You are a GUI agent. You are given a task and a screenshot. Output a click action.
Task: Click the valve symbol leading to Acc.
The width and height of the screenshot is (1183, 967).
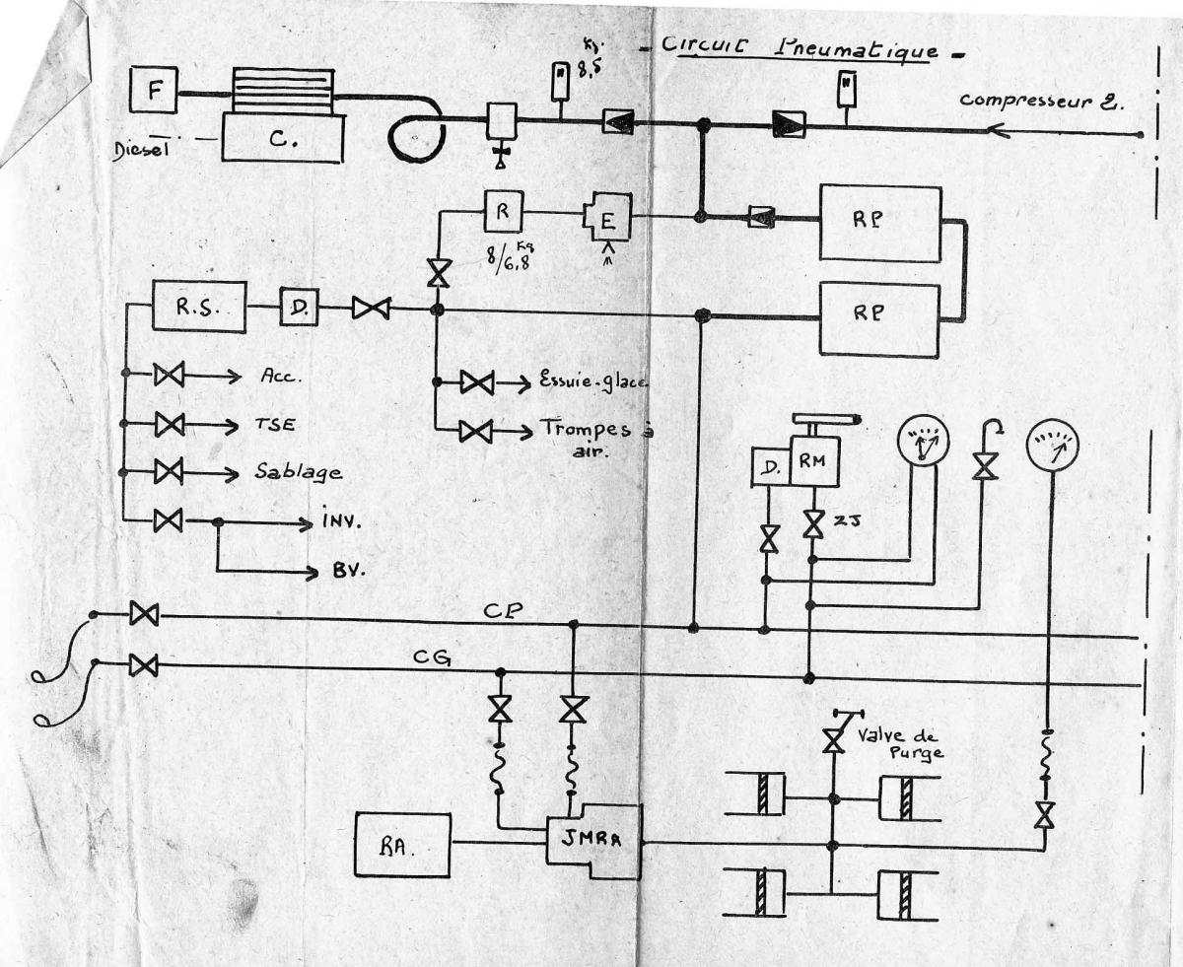pyautogui.click(x=169, y=375)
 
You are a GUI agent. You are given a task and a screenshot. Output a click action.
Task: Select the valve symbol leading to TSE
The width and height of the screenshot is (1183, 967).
pyautogui.click(x=169, y=424)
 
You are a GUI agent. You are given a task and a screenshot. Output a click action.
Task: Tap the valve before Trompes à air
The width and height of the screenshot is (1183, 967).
pyautogui.click(x=476, y=431)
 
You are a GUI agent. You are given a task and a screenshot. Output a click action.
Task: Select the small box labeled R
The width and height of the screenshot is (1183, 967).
pyautogui.click(x=502, y=211)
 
